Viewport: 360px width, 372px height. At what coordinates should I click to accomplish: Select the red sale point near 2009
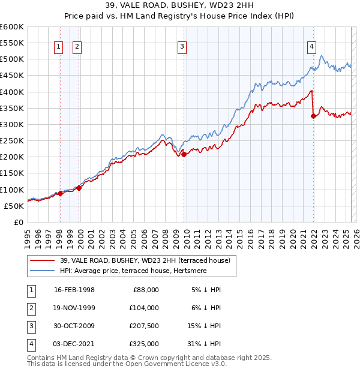[x=184, y=154]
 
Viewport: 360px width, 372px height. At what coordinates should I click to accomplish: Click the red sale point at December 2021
[x=313, y=116]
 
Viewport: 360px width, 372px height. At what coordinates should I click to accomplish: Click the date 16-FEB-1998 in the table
[x=74, y=290]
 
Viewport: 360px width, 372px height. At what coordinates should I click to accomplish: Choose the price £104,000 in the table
[x=144, y=308]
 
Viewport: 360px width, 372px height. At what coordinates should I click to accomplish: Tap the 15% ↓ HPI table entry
[x=205, y=326]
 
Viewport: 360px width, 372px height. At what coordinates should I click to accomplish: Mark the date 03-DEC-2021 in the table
[x=74, y=344]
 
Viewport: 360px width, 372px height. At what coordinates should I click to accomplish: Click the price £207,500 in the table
[x=144, y=326]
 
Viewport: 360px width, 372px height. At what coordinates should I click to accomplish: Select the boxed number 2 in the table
[x=31, y=308]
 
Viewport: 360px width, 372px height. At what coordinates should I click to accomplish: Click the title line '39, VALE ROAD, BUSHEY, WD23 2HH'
[x=180, y=7]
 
